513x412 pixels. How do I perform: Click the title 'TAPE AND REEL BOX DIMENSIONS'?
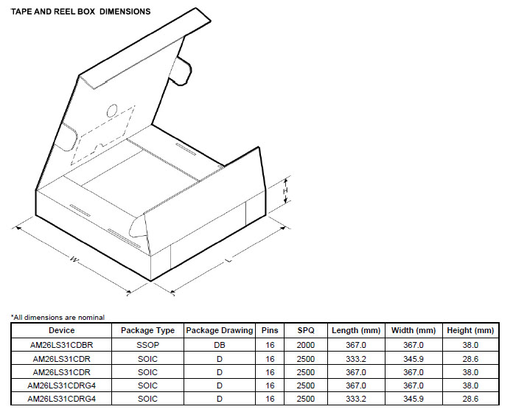coord(80,12)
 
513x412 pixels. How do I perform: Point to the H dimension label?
coord(286,190)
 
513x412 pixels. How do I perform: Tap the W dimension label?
coord(74,260)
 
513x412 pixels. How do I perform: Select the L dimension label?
coord(228,260)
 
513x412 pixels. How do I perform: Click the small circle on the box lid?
coord(112,111)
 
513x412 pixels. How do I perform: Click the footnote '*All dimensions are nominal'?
coord(58,318)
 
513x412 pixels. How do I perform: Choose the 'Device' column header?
coord(61,330)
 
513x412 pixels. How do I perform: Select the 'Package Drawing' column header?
coord(220,330)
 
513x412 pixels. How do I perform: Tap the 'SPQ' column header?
coord(306,330)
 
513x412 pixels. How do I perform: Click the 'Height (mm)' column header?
coord(470,330)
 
